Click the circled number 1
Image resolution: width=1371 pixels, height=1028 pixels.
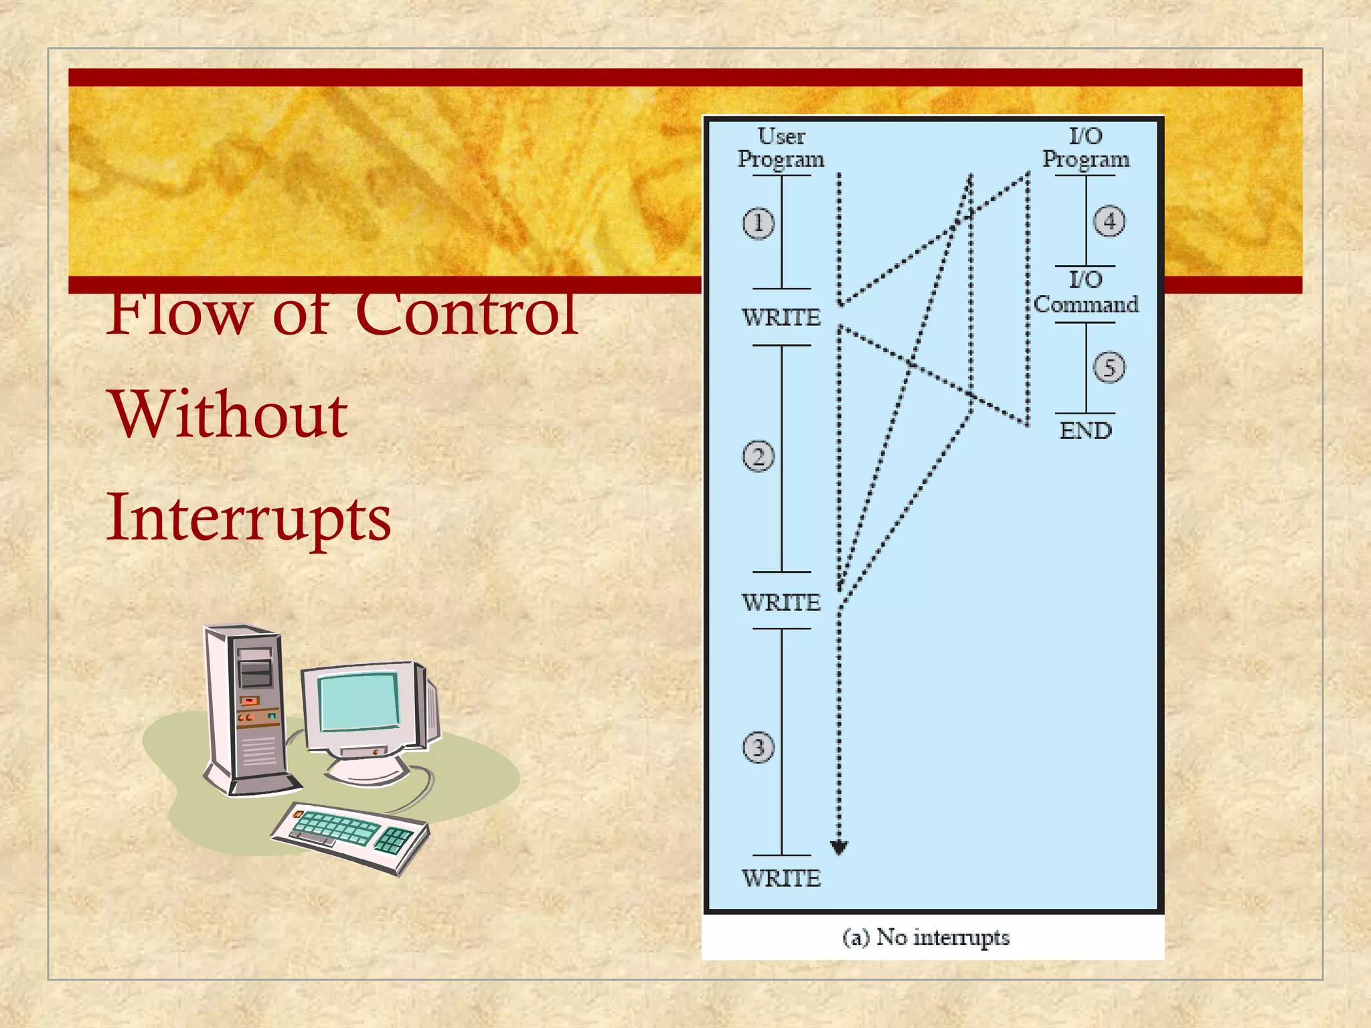click(x=758, y=223)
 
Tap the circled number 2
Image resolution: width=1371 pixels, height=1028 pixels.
click(x=758, y=457)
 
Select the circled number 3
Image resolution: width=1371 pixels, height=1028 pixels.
click(x=758, y=748)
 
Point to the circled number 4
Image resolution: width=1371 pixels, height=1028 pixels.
click(x=1109, y=221)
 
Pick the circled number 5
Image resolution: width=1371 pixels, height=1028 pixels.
click(x=1109, y=367)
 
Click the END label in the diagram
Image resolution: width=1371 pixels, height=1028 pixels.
click(x=1085, y=430)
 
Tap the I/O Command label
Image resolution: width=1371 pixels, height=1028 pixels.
click(x=1085, y=292)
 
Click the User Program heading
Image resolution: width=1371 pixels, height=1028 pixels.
click(x=781, y=148)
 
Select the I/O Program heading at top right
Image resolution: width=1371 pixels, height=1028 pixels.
click(x=1085, y=148)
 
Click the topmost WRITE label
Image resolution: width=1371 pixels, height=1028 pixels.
click(x=781, y=317)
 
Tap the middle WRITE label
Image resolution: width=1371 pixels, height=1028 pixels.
click(x=781, y=602)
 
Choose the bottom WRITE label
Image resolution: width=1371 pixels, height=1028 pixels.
click(x=781, y=878)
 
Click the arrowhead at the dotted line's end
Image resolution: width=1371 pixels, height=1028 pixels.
click(x=839, y=848)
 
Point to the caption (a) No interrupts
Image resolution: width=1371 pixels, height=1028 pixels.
click(x=926, y=937)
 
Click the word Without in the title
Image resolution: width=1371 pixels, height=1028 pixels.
click(x=228, y=415)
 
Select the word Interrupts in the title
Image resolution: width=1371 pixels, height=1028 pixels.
click(x=248, y=519)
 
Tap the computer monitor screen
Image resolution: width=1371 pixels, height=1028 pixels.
click(x=358, y=702)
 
